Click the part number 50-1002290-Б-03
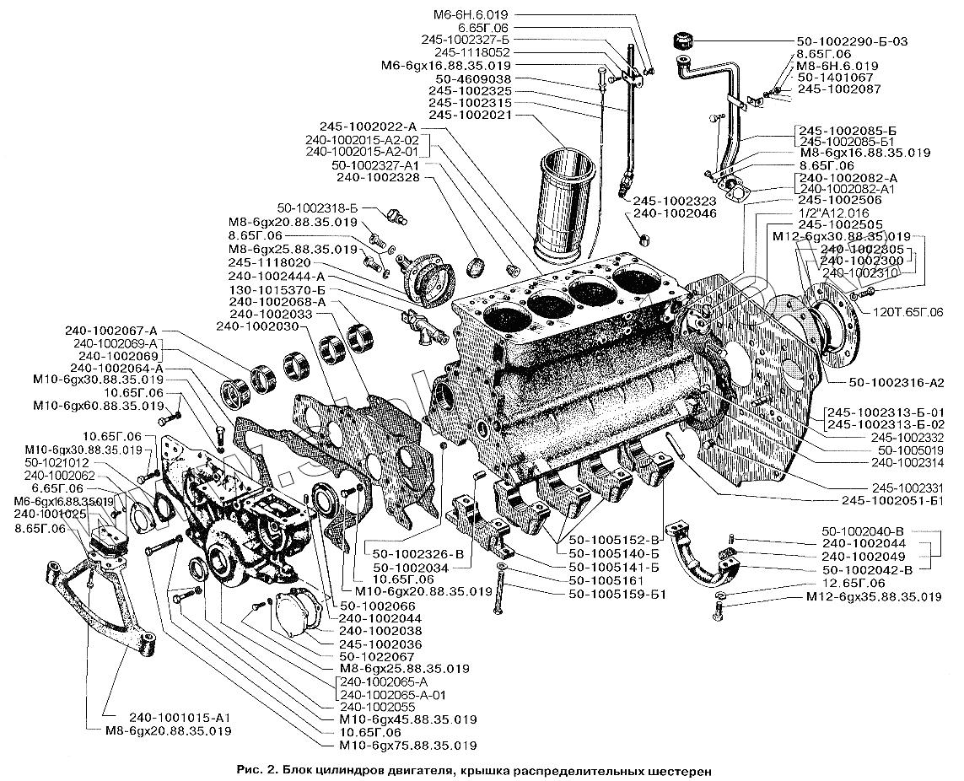point(851,40)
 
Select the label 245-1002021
point(468,115)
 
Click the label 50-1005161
point(607,581)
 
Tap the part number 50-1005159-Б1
point(618,595)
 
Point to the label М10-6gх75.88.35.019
point(407,746)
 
